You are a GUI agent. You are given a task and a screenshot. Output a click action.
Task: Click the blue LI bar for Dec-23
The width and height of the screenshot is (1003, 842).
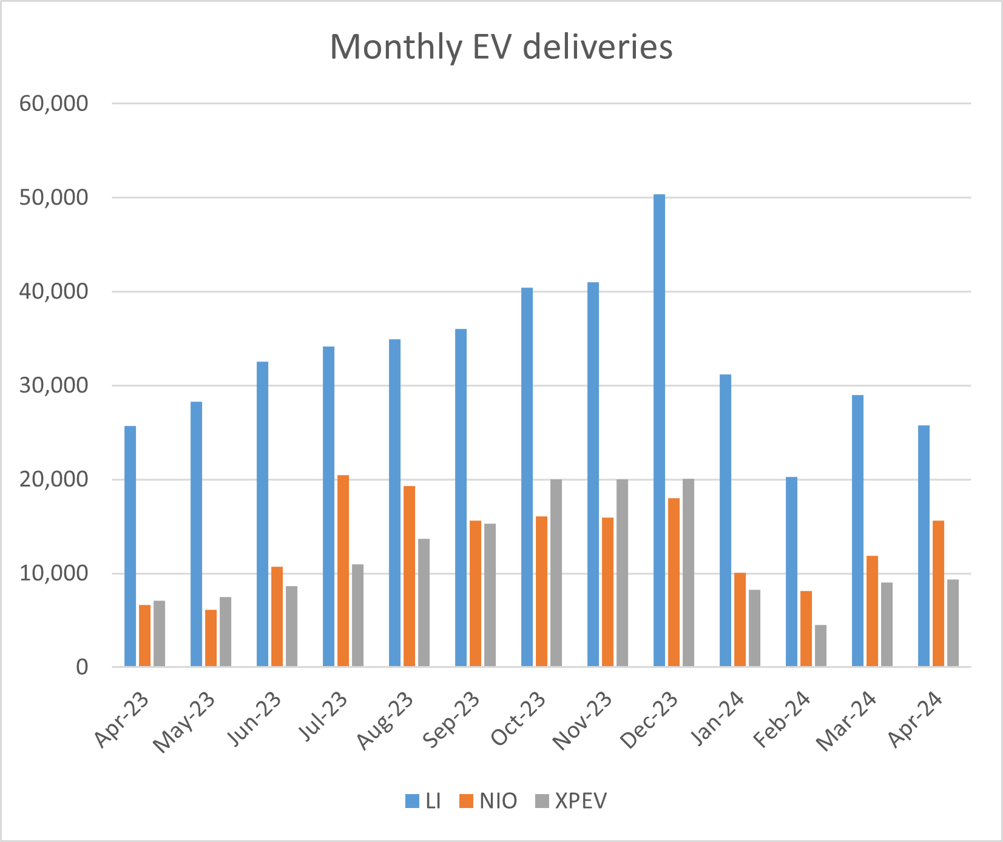pyautogui.click(x=659, y=431)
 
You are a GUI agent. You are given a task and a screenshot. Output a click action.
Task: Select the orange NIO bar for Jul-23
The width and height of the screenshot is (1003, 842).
pyautogui.click(x=343, y=571)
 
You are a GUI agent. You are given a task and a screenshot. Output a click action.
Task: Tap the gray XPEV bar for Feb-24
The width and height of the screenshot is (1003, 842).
pyautogui.click(x=820, y=646)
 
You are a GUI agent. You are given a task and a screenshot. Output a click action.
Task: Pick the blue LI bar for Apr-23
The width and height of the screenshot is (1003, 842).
pyautogui.click(x=130, y=546)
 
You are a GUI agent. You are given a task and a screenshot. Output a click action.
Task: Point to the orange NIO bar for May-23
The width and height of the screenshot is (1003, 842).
pyautogui.click(x=211, y=638)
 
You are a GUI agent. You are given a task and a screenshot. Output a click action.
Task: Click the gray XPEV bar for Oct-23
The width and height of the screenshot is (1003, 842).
pyautogui.click(x=556, y=573)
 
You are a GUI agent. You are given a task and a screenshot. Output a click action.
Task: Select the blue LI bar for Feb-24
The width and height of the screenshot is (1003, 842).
pyautogui.click(x=791, y=571)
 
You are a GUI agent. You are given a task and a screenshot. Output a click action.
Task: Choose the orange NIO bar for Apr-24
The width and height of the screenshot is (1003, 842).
pyautogui.click(x=938, y=593)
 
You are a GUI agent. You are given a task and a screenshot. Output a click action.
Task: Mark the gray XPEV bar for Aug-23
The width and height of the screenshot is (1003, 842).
pyautogui.click(x=424, y=602)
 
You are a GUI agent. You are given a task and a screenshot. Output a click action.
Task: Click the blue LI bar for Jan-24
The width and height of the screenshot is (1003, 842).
pyautogui.click(x=725, y=520)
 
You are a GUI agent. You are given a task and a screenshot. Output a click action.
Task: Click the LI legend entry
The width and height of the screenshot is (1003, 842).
pyautogui.click(x=423, y=801)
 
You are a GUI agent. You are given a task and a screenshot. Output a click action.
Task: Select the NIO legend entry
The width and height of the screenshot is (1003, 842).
pyautogui.click(x=489, y=801)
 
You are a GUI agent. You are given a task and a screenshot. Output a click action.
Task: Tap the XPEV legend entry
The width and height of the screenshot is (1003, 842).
pyautogui.click(x=571, y=801)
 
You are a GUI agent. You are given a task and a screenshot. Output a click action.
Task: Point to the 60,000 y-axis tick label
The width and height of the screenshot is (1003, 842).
pyautogui.click(x=53, y=104)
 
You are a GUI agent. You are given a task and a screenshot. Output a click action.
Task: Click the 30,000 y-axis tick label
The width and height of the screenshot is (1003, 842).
pyautogui.click(x=53, y=386)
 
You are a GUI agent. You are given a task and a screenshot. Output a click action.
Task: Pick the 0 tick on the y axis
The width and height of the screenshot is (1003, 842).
pyautogui.click(x=81, y=667)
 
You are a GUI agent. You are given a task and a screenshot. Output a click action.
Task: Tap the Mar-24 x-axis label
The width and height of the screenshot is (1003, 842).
pyautogui.click(x=846, y=722)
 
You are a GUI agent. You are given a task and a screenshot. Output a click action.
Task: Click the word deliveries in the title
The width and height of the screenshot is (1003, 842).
pyautogui.click(x=597, y=47)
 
